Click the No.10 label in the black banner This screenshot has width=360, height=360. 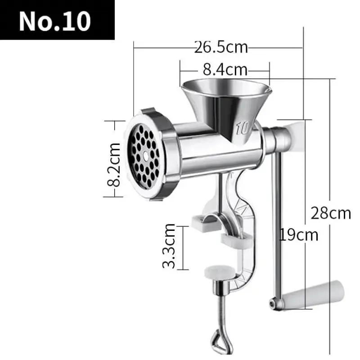(x=55, y=20)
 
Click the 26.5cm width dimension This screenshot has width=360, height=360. (x=221, y=47)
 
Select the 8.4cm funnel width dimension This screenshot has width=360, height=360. (x=225, y=70)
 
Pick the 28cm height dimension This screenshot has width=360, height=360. (x=330, y=212)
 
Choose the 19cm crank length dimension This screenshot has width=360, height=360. (x=298, y=234)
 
